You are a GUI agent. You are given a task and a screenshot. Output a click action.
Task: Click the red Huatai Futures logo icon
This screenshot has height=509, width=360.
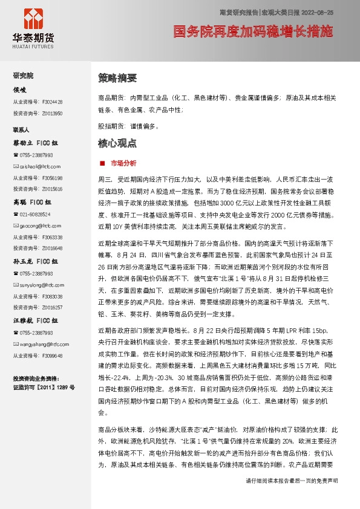[x=33, y=19]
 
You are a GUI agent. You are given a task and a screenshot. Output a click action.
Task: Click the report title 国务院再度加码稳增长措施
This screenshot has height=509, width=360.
[x=253, y=32]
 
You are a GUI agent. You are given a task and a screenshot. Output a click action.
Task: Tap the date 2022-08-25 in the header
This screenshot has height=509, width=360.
[x=316, y=11]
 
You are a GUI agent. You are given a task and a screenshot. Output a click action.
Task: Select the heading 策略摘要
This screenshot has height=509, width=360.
[x=117, y=78]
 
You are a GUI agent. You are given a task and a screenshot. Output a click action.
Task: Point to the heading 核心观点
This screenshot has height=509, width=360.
[x=117, y=144]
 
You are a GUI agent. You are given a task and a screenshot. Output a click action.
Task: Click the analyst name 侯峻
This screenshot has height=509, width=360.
[x=20, y=89]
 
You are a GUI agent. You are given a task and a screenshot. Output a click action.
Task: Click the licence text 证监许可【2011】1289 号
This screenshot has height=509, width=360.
[x=44, y=386]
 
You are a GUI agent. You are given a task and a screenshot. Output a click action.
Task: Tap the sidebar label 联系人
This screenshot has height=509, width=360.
[x=21, y=130]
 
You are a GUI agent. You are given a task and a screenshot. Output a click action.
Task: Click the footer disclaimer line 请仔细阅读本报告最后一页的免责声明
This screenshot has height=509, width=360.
[x=292, y=498]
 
